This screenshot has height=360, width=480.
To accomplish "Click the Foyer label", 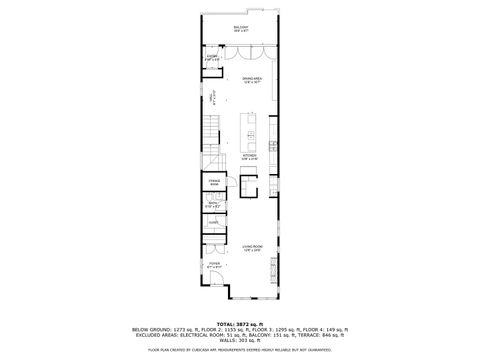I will point(214,266).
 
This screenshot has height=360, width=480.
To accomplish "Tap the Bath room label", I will point(213,206).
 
